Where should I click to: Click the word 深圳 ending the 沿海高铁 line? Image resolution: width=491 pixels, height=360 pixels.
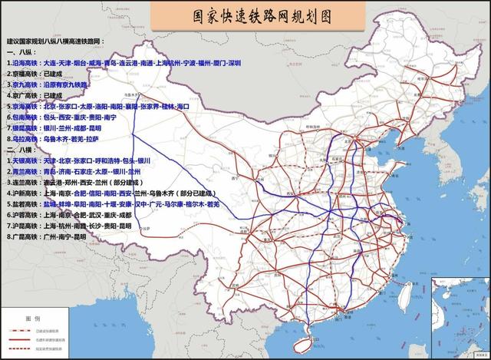tap(234, 62)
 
